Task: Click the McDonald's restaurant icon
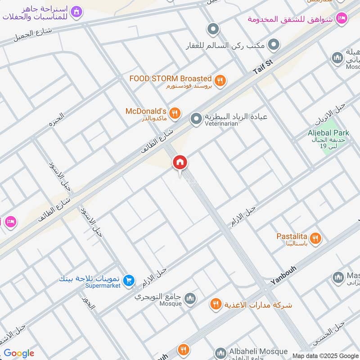[x=176, y=112]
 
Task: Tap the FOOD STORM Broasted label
[x=170, y=78]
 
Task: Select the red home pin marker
[x=180, y=162]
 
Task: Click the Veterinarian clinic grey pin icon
[x=196, y=119]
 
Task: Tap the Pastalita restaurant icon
[x=316, y=238]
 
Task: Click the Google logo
[x=19, y=353]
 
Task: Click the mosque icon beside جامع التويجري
[x=191, y=298]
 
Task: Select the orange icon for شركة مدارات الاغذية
[x=216, y=305]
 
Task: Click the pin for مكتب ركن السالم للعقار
[x=274, y=45]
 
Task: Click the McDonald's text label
[x=146, y=111]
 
